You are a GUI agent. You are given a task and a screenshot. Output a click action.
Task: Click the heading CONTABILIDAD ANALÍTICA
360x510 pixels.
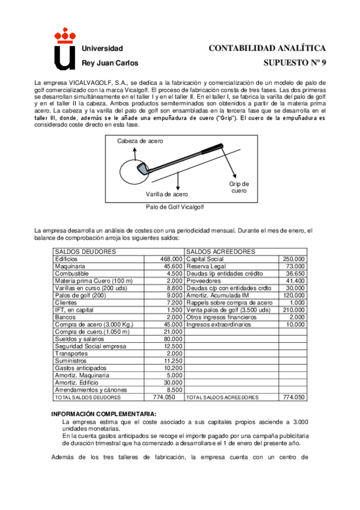point(267,48)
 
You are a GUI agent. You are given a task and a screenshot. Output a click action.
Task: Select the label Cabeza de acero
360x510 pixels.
point(140,141)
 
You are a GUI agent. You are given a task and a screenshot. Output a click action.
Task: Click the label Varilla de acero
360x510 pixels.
point(166,194)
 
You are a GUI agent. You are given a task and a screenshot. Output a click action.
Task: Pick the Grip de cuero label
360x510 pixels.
point(239,187)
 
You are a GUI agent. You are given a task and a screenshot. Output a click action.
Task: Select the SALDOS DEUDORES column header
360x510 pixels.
point(79,251)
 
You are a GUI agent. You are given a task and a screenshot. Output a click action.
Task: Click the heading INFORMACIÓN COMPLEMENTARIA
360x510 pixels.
point(103,414)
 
